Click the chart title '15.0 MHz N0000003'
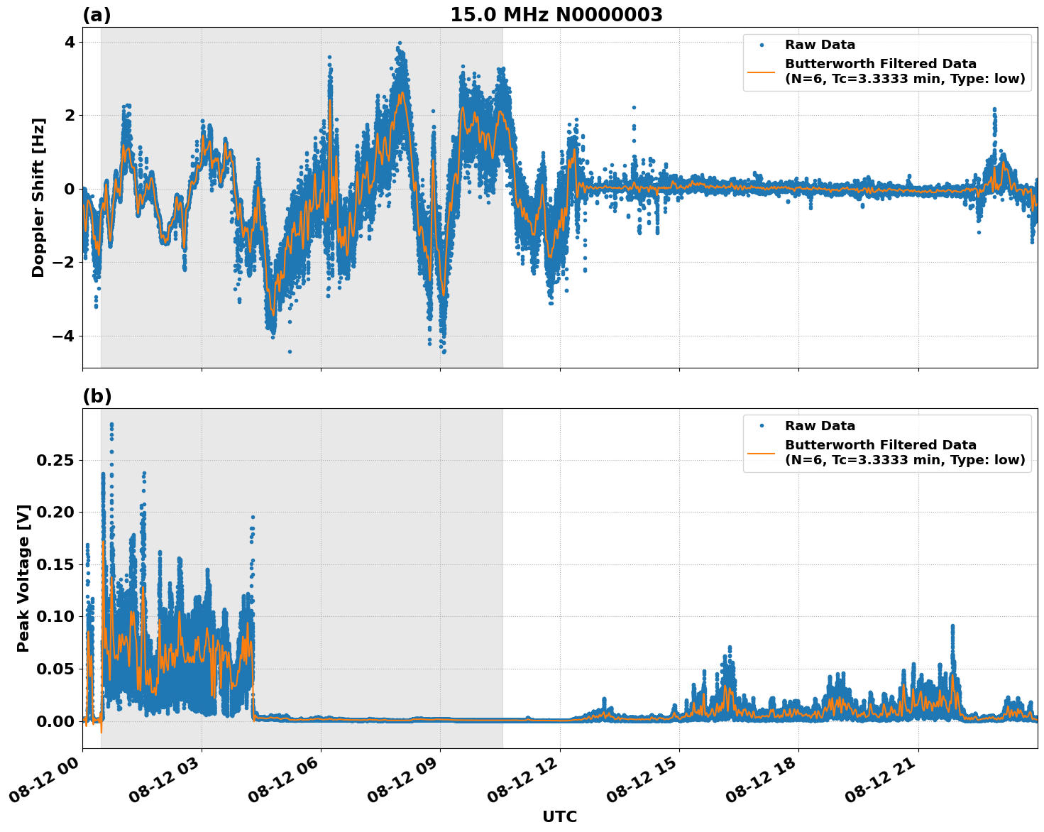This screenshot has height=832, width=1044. click(x=556, y=15)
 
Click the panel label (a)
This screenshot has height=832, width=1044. click(x=97, y=15)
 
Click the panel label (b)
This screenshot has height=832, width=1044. click(x=97, y=396)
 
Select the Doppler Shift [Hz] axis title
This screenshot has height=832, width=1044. click(x=38, y=197)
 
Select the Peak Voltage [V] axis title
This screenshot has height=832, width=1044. click(x=23, y=578)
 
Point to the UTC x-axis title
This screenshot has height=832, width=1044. click(x=559, y=816)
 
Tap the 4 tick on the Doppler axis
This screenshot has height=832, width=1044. click(x=70, y=42)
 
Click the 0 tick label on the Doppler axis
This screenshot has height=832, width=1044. click(x=70, y=189)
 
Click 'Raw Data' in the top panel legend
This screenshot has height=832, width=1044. click(x=820, y=45)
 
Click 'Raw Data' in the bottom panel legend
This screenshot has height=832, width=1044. click(x=820, y=426)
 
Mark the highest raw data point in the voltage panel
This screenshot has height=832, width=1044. click(x=111, y=424)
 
